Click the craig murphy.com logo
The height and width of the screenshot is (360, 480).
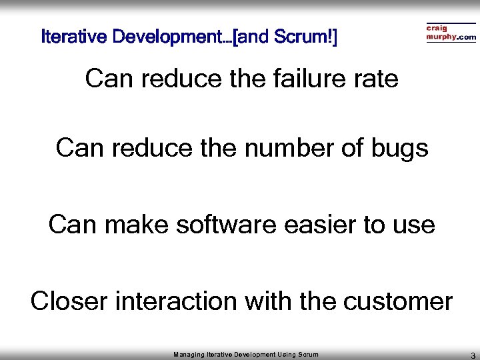coord(451,33)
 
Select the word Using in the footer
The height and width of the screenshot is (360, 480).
coord(287,353)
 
